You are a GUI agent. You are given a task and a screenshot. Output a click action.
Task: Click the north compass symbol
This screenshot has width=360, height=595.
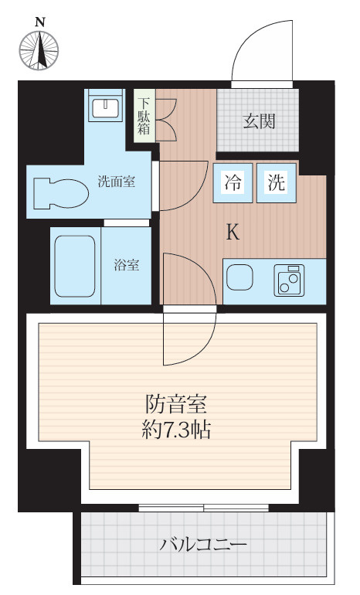click(39, 49)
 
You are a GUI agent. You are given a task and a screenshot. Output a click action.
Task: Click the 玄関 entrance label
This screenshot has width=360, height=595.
click(260, 121)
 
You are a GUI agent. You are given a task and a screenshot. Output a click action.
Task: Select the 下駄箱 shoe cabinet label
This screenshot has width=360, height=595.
click(144, 114)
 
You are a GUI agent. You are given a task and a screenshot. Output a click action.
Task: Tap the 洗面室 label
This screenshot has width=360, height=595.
click(117, 182)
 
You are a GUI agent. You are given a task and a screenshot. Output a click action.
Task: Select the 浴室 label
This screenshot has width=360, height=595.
click(127, 265)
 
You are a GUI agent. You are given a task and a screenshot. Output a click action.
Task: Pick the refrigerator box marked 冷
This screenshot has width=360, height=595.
click(232, 184)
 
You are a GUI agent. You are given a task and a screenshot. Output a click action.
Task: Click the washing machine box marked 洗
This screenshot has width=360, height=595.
click(277, 184)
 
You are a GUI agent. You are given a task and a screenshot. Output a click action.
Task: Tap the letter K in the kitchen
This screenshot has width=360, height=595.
click(233, 232)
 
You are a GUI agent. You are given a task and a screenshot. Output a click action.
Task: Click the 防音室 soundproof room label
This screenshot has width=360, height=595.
click(178, 404)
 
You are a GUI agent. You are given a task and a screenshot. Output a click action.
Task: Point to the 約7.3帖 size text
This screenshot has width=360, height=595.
click(178, 430)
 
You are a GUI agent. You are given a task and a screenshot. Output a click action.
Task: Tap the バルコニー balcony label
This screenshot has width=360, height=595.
click(204, 546)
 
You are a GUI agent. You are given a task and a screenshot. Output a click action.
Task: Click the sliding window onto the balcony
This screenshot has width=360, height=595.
click(204, 508)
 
